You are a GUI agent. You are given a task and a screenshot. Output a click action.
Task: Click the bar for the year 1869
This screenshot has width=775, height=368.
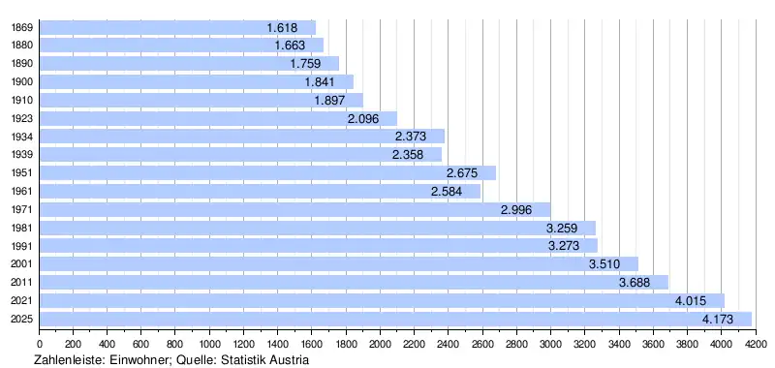[177, 28]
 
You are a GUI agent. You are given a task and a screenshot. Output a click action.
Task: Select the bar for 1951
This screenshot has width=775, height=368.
[267, 173]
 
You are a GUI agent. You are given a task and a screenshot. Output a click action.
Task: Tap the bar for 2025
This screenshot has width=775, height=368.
[395, 320]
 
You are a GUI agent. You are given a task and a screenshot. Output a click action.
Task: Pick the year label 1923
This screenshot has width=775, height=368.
[21, 118]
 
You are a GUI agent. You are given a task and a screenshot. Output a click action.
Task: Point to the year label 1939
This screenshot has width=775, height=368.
[21, 155]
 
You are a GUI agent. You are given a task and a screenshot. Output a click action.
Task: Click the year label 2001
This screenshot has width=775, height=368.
[21, 263]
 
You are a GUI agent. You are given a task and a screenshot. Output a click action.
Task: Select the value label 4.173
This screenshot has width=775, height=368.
[718, 320]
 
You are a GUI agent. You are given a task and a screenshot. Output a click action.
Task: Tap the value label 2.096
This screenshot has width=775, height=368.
[362, 118]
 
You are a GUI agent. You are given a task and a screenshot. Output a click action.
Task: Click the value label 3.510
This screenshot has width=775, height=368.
[604, 264]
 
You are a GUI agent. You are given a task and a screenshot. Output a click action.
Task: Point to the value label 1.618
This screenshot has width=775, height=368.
[282, 28]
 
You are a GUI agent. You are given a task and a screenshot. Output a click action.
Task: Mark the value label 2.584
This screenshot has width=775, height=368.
[447, 191]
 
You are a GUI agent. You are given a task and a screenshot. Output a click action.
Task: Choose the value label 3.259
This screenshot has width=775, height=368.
[562, 229]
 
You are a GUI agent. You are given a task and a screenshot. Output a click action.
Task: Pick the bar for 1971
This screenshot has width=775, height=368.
[295, 209]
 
